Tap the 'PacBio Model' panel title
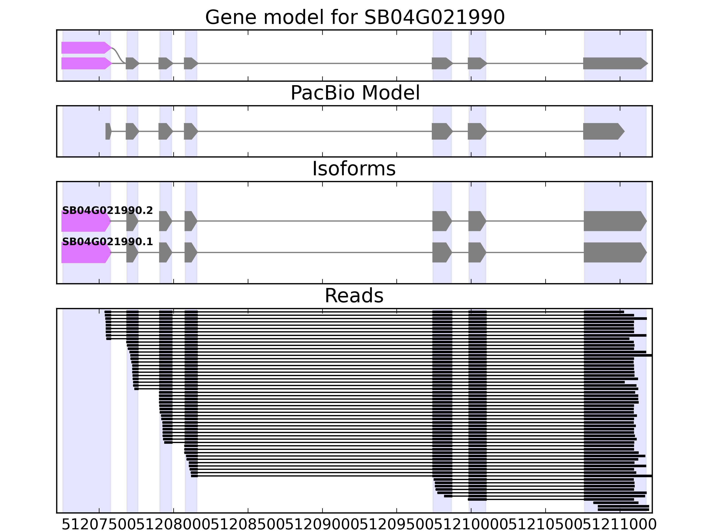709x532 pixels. coord(355,93)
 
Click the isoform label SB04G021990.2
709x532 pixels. coord(107,211)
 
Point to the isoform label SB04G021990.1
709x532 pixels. coord(107,242)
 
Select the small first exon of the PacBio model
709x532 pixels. coord(108,131)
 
